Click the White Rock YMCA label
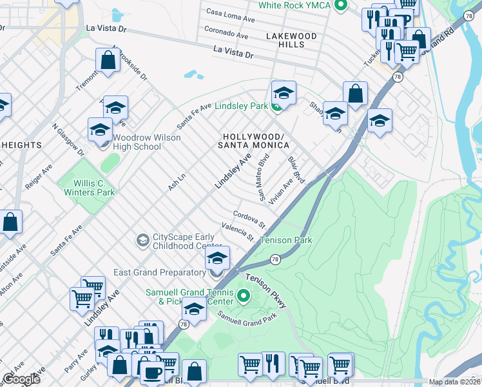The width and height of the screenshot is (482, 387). pos(294,6)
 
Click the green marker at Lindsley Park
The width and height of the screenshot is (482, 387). pos(276,106)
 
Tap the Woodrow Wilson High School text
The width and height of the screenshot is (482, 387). pos(137,142)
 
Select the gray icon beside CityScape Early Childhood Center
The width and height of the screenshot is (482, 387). pos(142,241)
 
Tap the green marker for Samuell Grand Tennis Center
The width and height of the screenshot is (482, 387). pos(243,297)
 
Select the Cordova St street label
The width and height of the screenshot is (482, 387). pos(249,219)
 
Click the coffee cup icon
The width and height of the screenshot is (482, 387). pos(152,372)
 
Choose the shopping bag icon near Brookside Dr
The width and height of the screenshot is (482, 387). pos(108,61)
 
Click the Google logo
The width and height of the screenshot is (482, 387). pos(21,379)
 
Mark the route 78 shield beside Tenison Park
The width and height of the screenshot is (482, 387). pos(275,259)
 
